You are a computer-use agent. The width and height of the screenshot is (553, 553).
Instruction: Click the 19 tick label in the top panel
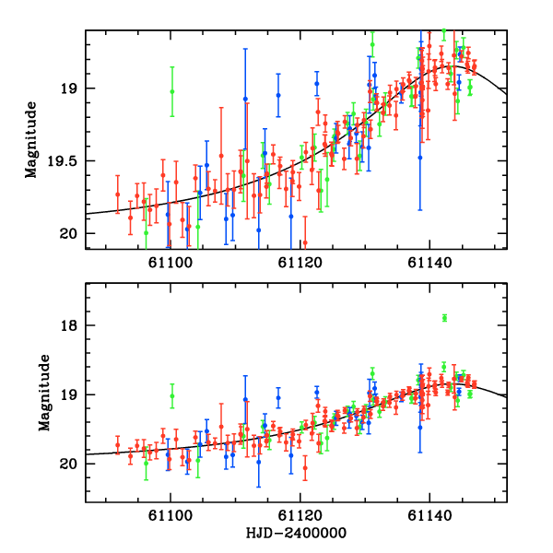tap(68, 88)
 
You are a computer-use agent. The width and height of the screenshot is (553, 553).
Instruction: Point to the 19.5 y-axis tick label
tap(61, 160)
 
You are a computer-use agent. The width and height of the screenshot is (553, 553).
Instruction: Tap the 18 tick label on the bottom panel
tap(68, 325)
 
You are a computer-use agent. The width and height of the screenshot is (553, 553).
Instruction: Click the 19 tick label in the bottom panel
tap(68, 394)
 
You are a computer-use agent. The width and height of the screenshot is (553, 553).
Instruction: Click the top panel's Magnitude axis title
tap(31, 139)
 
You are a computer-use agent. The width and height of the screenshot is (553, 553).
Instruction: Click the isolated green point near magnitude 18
tap(444, 318)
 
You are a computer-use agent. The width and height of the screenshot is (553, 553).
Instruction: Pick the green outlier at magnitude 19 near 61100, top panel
tap(172, 90)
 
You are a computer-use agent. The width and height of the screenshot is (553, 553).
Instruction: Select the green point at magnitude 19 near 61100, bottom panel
tap(172, 395)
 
